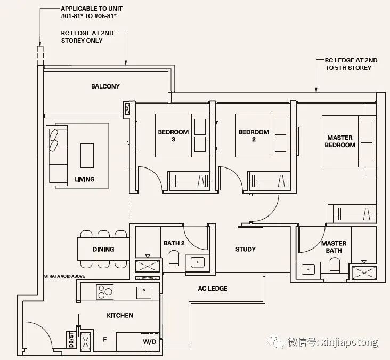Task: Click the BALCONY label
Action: pyautogui.click(x=105, y=86)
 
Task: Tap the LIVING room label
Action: pyautogui.click(x=85, y=179)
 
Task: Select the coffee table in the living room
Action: pyautogui.click(x=87, y=156)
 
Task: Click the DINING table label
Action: pyautogui.click(x=103, y=249)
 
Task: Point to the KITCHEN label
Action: pyautogui.click(x=120, y=315)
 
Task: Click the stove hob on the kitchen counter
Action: pyautogui.click(x=105, y=292)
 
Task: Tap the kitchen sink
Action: pyautogui.click(x=144, y=293)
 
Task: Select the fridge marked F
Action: pyautogui.click(x=105, y=340)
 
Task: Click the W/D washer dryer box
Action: pyautogui.click(x=150, y=342)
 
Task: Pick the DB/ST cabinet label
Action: pyautogui.click(x=71, y=339)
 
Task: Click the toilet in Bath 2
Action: pyautogui.click(x=174, y=258)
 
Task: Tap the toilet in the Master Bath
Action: pyautogui.click(x=335, y=266)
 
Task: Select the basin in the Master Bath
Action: pyautogui.click(x=308, y=270)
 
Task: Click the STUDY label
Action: pyautogui.click(x=246, y=249)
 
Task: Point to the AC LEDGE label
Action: pyautogui.click(x=213, y=289)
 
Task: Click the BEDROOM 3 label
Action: pyautogui.click(x=173, y=135)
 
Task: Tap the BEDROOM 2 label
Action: pyautogui.click(x=254, y=135)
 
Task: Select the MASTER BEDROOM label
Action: pyautogui.click(x=340, y=141)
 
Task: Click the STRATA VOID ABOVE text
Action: pyautogui.click(x=64, y=276)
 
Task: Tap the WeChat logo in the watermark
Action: pyautogui.click(x=275, y=341)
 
